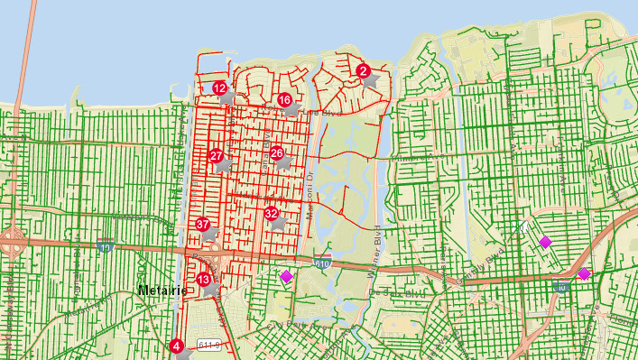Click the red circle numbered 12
(x=219, y=88)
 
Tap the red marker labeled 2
(x=363, y=70)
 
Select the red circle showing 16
(x=284, y=100)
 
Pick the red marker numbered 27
(x=216, y=156)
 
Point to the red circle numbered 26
(x=276, y=152)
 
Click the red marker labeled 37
(x=203, y=225)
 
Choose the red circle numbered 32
(x=272, y=214)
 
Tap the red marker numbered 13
(x=204, y=280)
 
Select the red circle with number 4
(x=177, y=346)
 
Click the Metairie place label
(x=162, y=291)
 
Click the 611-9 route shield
(x=210, y=344)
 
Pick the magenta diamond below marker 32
(x=287, y=276)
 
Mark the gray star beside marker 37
(x=210, y=233)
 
